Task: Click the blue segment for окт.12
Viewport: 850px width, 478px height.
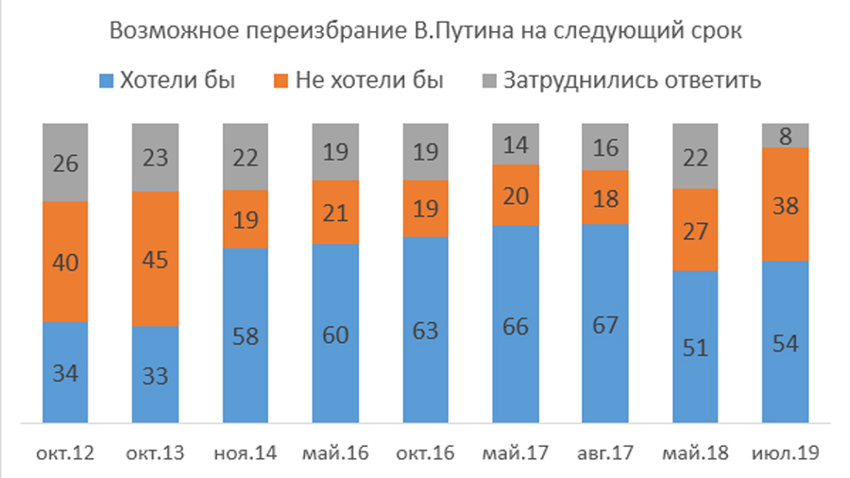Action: [x=65, y=372]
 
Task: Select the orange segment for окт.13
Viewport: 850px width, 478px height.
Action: [x=155, y=259]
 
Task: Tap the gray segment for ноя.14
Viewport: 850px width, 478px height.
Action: [x=246, y=156]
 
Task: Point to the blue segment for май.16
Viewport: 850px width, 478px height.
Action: [x=335, y=333]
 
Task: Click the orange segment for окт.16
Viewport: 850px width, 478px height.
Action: [x=426, y=208]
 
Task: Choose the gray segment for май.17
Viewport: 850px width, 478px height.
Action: [x=517, y=144]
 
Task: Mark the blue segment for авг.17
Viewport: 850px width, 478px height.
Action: [x=606, y=323]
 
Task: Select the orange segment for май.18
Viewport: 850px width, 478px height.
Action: [x=697, y=230]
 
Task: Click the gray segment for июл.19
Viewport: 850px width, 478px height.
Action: [x=787, y=135]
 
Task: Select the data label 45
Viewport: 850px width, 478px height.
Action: [x=155, y=260]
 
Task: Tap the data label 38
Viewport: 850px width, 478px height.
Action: [x=787, y=204]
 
